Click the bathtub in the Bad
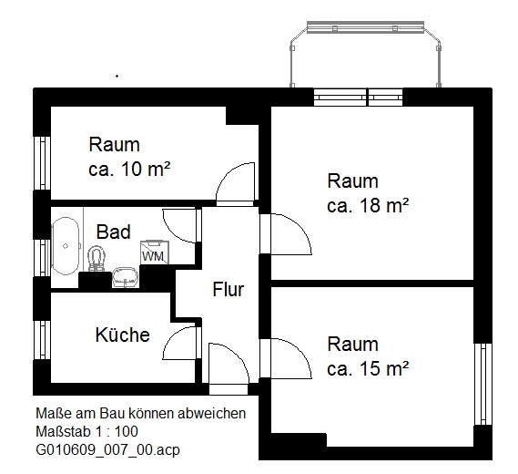coord(66,246)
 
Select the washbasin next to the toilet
coord(124,276)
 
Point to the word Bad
coord(114,232)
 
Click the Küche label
coord(122,335)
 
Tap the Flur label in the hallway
coord(228,290)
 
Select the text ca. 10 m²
coord(131,169)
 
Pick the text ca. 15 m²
coord(368,369)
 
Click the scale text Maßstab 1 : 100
coord(86,431)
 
